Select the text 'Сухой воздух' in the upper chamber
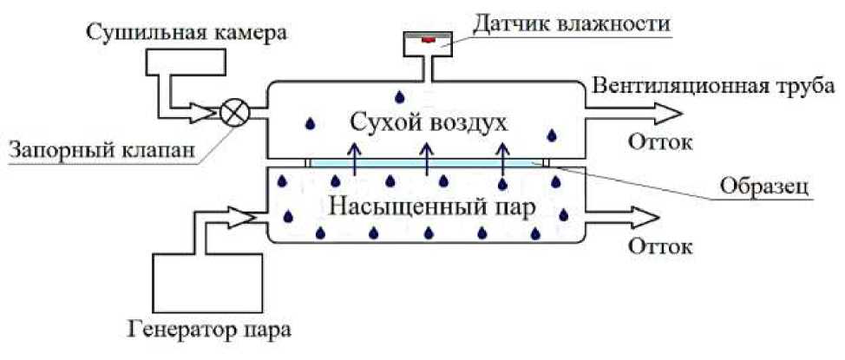(427, 122)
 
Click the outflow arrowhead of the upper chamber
(669, 112)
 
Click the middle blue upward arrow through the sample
(426, 160)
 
